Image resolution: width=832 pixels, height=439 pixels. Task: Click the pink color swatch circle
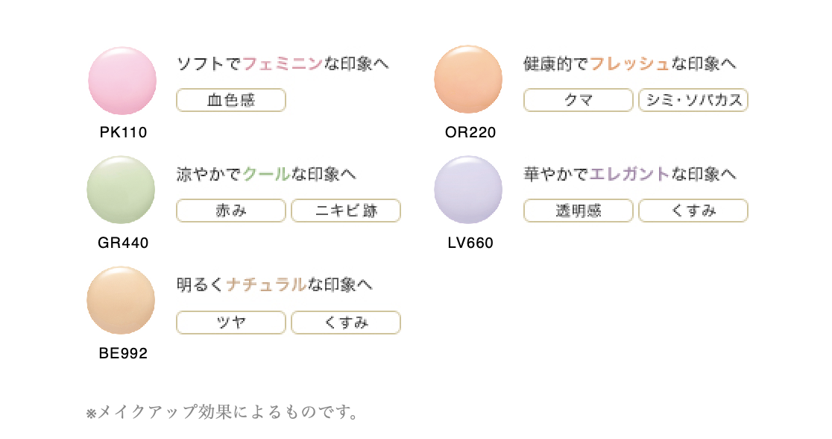pyautogui.click(x=122, y=80)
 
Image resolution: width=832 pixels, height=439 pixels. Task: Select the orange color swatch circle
pyautogui.click(x=468, y=80)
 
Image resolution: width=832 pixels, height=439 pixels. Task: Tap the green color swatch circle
pyautogui.click(x=121, y=190)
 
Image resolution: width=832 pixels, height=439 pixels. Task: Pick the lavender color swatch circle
pyautogui.click(x=468, y=190)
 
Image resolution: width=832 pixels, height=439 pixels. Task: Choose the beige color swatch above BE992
pyautogui.click(x=121, y=300)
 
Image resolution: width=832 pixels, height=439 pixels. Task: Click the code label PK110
pyautogui.click(x=123, y=133)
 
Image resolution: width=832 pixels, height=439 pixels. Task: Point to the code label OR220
pyautogui.click(x=470, y=133)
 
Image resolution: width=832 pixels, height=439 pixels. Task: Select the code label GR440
pyautogui.click(x=123, y=243)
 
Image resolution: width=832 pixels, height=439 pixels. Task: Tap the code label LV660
pyautogui.click(x=470, y=243)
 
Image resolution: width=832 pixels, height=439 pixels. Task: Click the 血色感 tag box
pyautogui.click(x=231, y=100)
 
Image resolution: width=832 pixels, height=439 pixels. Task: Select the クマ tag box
pyautogui.click(x=579, y=100)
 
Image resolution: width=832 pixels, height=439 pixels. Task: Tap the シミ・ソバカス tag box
pyautogui.click(x=693, y=100)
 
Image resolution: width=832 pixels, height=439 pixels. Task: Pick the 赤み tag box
pyautogui.click(x=231, y=211)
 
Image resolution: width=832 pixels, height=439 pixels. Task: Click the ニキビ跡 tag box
pyautogui.click(x=346, y=211)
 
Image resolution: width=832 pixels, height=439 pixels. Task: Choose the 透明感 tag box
pyautogui.click(x=579, y=211)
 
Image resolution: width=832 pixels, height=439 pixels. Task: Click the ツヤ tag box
pyautogui.click(x=231, y=323)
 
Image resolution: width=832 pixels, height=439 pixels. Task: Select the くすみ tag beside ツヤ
pyautogui.click(x=346, y=323)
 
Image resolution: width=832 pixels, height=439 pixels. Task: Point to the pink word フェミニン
pyautogui.click(x=283, y=64)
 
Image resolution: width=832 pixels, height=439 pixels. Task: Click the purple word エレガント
pyautogui.click(x=629, y=175)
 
